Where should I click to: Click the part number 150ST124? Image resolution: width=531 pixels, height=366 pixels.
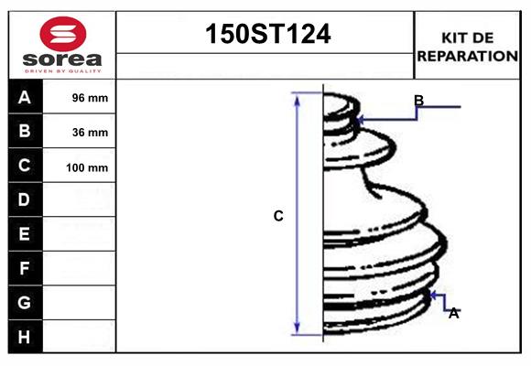265,35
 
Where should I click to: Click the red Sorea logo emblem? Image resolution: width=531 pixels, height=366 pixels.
61,34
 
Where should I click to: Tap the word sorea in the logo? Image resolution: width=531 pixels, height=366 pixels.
62,59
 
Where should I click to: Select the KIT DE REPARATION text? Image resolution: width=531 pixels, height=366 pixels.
467,46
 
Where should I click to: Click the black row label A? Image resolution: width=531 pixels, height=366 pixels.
25,97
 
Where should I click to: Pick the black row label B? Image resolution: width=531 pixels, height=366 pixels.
25,131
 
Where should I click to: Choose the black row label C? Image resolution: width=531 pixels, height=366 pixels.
25,166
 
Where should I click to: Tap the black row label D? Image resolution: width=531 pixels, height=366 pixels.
25,199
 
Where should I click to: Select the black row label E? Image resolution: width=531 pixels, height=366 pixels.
25,234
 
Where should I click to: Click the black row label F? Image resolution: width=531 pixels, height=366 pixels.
25,268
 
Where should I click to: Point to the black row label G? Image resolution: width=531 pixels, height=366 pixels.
25,302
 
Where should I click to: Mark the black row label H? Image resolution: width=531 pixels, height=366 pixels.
25,337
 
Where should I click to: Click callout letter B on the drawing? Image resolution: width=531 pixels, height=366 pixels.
418,101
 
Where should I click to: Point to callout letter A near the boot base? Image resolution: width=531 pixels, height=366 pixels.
453,313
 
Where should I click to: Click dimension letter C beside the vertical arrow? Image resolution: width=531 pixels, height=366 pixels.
278,216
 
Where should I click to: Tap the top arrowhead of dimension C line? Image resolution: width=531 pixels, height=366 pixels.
298,97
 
